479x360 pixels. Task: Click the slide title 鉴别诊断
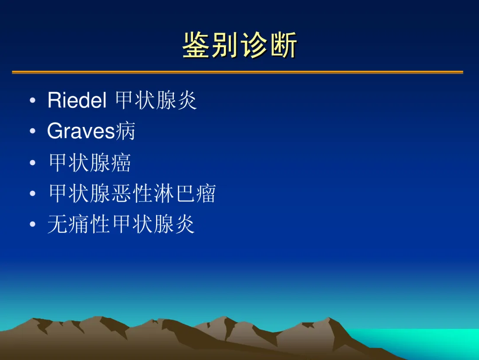[240, 45]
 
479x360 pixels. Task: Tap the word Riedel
[77, 100]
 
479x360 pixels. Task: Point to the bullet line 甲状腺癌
[90, 162]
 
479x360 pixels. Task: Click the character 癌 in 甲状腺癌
[121, 162]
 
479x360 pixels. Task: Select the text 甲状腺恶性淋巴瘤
[133, 193]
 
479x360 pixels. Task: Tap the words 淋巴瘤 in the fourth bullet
[185, 193]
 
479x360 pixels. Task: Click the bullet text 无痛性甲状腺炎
[121, 224]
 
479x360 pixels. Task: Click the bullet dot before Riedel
[33, 100]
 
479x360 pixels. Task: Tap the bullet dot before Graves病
[33, 131]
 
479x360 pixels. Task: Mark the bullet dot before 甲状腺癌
[33, 162]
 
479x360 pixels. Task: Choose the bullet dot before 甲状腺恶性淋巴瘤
[33, 193]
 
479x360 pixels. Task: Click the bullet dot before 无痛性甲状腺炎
[33, 224]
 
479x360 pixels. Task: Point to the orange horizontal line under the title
[238, 72]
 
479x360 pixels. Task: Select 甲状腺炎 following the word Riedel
[156, 100]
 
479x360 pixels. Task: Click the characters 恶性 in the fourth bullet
[133, 193]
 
